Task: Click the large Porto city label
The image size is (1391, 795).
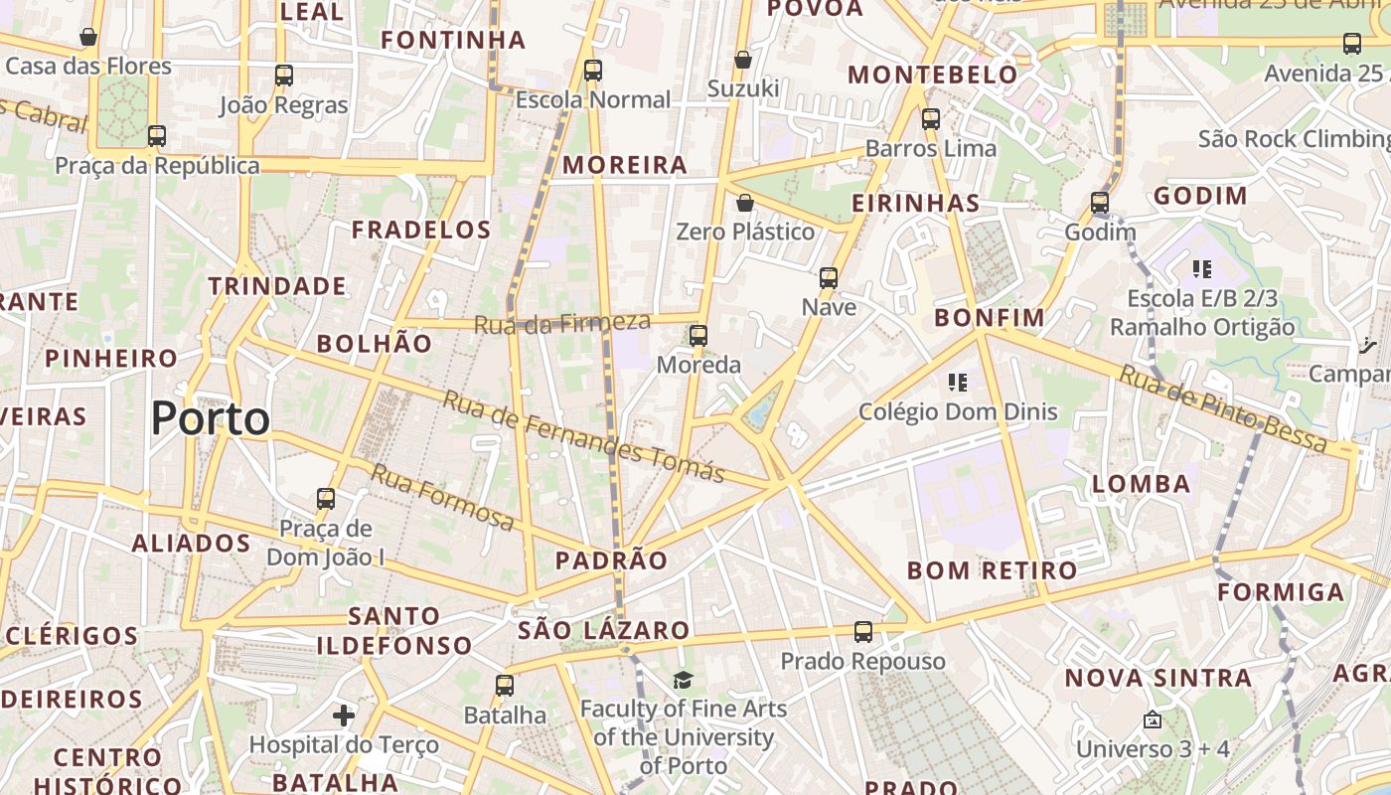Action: pos(211,418)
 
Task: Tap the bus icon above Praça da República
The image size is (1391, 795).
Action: pos(156,136)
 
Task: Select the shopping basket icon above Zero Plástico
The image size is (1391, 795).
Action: pos(745,204)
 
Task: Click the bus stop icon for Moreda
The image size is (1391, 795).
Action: pos(698,336)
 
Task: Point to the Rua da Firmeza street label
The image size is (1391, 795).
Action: pos(562,323)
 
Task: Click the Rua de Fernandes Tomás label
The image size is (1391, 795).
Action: pos(583,436)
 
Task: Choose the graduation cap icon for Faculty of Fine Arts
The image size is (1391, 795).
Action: pos(683,680)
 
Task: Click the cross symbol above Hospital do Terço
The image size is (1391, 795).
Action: pos(344,715)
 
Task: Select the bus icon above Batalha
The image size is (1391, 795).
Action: pos(505,686)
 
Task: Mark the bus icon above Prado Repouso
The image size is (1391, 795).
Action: pos(863,632)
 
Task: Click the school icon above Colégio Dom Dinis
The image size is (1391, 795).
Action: pos(958,383)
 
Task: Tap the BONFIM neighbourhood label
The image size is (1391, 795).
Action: pos(990,318)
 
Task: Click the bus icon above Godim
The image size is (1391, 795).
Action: pos(1100,203)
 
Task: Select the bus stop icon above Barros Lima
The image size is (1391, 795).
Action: pos(931,119)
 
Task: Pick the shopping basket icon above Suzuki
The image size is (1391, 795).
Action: pos(742,61)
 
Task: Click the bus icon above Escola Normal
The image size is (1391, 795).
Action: pos(593,71)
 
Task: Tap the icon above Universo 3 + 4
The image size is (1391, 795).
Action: pos(1153,719)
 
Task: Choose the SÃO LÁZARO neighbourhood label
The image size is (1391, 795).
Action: pos(603,630)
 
